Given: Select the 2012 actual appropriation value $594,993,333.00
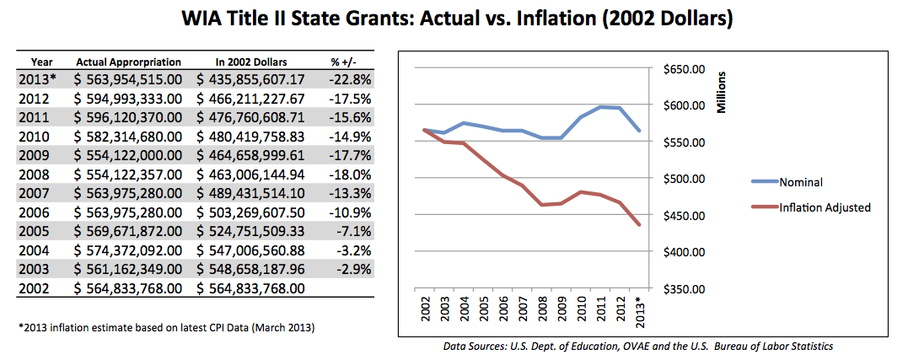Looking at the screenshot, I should (x=129, y=99).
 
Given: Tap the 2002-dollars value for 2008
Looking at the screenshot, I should (x=250, y=175).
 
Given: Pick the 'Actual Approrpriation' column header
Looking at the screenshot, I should (x=128, y=62).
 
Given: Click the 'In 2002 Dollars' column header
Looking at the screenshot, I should (x=251, y=62).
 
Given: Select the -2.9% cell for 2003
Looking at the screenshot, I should (x=346, y=270).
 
